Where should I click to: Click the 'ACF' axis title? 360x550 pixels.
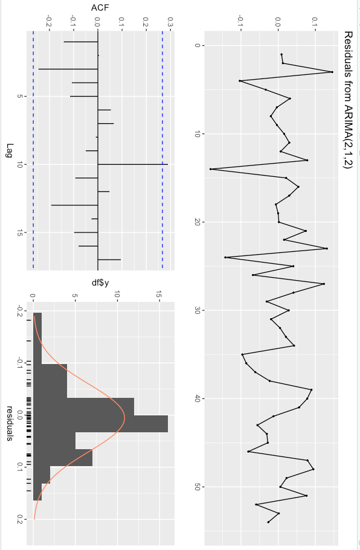point(97,8)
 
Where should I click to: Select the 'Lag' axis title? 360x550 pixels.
point(8,151)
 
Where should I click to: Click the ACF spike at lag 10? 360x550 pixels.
point(132,164)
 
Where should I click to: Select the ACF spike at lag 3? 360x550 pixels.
point(68,69)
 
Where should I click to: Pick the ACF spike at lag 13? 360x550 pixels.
point(74,205)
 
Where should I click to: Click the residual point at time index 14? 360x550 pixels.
point(210,169)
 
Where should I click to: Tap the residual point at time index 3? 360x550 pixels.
point(332,72)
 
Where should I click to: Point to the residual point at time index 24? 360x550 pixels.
point(225,257)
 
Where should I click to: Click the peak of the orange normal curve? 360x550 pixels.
point(124,416)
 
